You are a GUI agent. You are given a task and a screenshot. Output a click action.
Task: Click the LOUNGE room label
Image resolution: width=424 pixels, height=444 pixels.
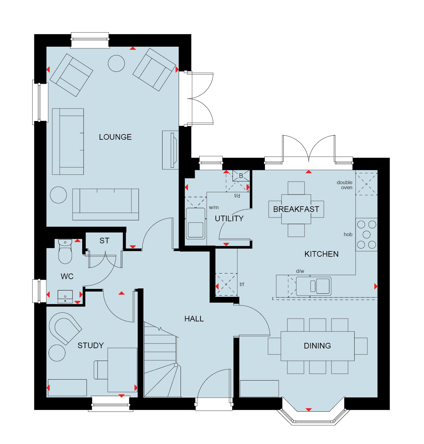point(115,137)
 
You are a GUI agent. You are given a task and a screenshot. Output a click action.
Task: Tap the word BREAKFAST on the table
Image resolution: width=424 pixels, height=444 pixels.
point(296,209)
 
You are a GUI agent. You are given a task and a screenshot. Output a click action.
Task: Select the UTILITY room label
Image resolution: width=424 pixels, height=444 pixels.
point(229,219)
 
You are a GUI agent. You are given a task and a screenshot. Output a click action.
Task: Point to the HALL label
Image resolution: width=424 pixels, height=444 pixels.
point(194,319)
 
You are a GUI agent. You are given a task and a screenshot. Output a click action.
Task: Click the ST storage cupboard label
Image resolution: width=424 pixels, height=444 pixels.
point(104,241)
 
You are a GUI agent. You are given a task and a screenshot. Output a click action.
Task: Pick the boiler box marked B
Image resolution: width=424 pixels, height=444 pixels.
point(241,176)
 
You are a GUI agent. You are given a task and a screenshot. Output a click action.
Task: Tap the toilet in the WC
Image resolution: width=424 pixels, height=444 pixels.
point(65,251)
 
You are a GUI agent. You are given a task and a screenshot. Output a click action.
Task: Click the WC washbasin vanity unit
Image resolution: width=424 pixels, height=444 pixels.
point(65,297)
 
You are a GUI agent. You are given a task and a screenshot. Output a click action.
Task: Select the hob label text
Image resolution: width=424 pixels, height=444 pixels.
point(348,234)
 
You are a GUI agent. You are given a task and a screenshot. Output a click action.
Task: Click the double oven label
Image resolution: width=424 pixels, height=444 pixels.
point(344,185)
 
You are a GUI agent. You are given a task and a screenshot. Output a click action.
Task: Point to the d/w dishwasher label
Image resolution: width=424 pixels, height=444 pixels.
point(300,271)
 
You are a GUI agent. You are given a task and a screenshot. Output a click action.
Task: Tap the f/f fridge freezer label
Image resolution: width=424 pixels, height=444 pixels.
point(242,285)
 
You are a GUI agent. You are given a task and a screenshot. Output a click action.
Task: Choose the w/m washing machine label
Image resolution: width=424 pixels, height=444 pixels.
point(214,207)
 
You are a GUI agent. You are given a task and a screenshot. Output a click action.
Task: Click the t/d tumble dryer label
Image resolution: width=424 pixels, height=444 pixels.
point(237,196)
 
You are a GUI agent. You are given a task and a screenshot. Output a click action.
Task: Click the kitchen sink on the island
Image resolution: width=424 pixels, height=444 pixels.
point(313,286)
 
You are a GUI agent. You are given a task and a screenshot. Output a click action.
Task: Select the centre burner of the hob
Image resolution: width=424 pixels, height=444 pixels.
point(366,235)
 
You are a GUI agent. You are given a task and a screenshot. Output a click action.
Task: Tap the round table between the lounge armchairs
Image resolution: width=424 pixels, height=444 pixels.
point(116,63)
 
